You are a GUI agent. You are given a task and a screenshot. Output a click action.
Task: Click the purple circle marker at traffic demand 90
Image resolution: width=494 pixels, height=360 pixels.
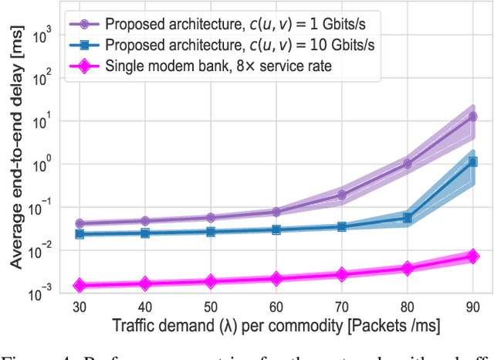tap(472, 117)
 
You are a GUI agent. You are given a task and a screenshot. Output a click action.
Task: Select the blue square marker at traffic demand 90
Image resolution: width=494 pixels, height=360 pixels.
tap(472, 161)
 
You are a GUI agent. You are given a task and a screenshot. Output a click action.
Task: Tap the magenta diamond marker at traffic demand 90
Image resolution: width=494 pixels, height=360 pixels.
tap(472, 256)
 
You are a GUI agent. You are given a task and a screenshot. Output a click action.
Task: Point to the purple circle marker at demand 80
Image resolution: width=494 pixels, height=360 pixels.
tap(407, 163)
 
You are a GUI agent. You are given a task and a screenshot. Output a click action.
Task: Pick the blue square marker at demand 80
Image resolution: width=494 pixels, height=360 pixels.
tap(407, 218)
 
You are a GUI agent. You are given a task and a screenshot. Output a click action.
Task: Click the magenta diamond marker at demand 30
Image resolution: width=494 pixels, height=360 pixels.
tap(79, 286)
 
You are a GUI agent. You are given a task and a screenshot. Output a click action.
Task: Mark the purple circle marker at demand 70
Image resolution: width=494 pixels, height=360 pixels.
tap(341, 195)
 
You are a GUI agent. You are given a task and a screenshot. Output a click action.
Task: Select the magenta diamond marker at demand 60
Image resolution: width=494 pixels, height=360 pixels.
tap(276, 278)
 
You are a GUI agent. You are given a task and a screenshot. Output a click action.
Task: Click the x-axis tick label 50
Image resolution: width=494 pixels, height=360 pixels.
tap(210, 306)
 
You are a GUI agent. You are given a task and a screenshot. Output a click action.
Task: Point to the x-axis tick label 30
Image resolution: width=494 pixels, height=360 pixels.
tap(79, 306)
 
